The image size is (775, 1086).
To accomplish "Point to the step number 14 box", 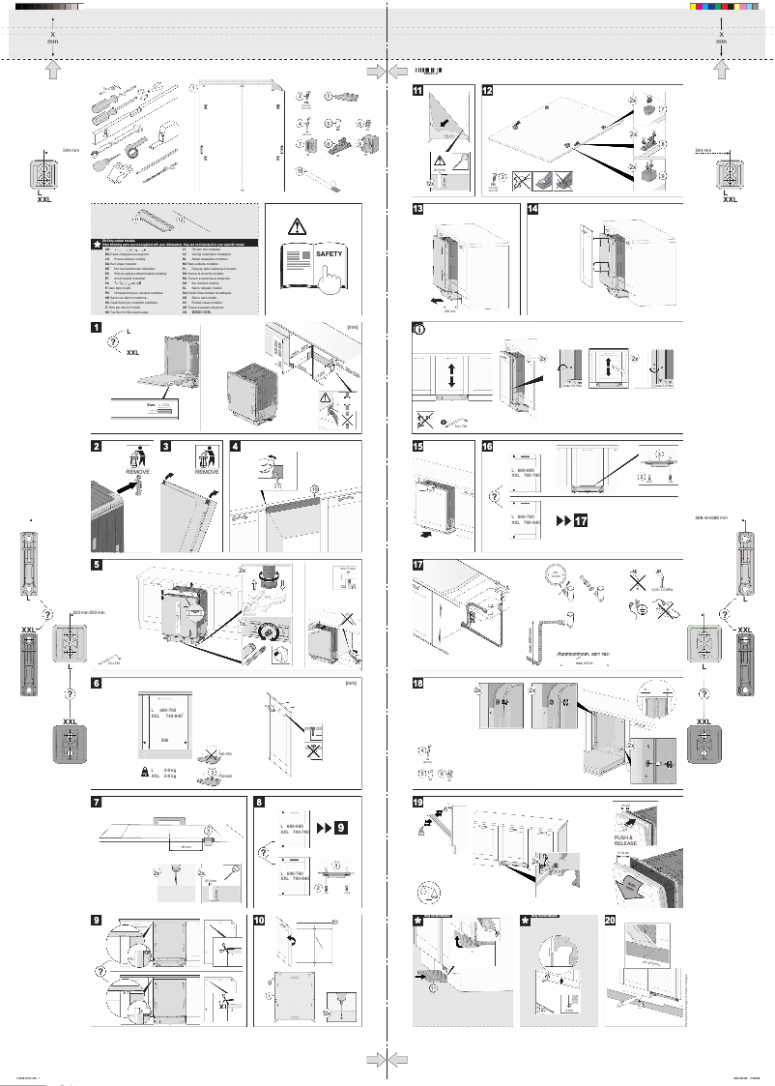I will point(534,210).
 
